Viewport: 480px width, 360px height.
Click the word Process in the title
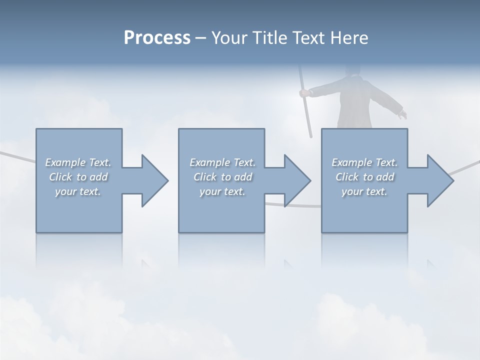(x=157, y=37)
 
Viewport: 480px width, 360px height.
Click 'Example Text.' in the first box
(x=78, y=162)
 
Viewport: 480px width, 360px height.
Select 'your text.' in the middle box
(x=222, y=191)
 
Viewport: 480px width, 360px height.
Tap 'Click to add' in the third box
(x=364, y=177)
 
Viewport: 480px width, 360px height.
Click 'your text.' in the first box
(x=78, y=191)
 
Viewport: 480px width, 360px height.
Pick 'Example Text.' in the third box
(x=364, y=162)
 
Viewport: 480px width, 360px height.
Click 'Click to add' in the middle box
(x=222, y=177)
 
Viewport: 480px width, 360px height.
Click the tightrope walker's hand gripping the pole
(x=303, y=92)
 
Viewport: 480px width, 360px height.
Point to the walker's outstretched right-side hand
(x=402, y=115)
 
